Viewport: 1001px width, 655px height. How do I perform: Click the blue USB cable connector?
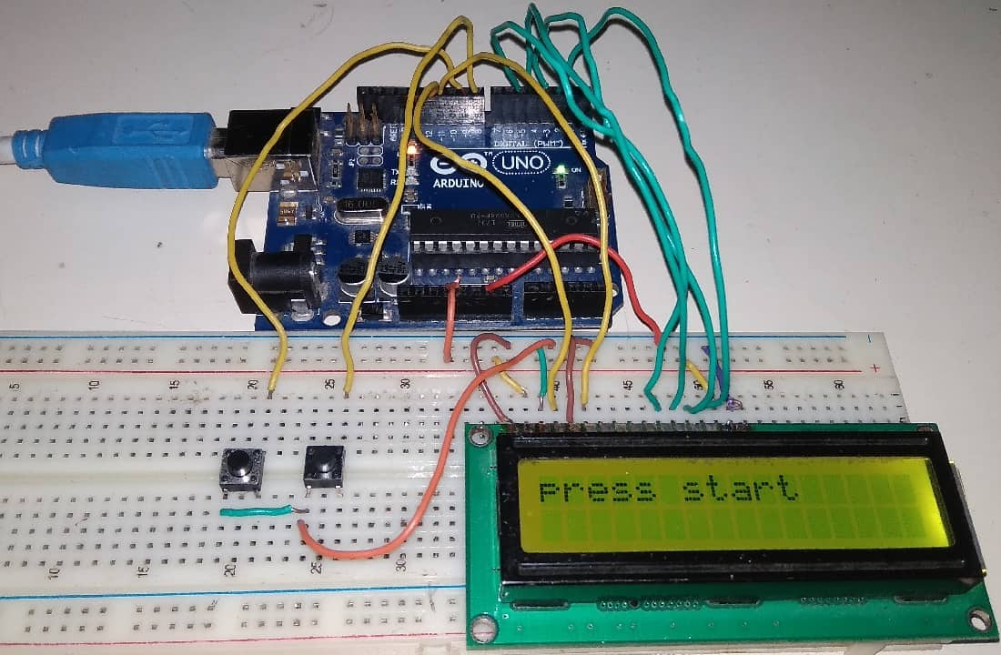127,150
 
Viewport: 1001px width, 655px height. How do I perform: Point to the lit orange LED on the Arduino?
413,149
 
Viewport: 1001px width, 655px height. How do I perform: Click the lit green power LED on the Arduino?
564,169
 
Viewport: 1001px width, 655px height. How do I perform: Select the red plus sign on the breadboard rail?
875,368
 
